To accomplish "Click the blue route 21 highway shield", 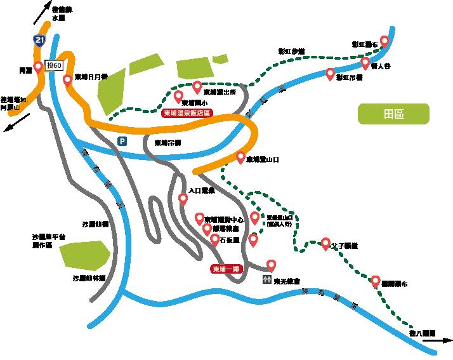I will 40,42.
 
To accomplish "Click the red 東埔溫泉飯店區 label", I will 187,113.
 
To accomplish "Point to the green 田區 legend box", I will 393,114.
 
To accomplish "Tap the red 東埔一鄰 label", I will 228,269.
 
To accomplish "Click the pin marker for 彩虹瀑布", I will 384,42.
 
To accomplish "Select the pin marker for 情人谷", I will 365,62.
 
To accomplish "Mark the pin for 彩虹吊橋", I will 330,74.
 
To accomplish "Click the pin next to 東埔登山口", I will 241,157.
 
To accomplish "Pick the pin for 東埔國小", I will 178,97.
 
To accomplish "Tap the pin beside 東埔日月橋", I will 68,80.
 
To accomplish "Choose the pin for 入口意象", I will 183,199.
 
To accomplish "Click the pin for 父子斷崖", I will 326,243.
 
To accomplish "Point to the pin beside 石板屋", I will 215,239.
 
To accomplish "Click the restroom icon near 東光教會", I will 266,279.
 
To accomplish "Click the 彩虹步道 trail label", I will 292,51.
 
